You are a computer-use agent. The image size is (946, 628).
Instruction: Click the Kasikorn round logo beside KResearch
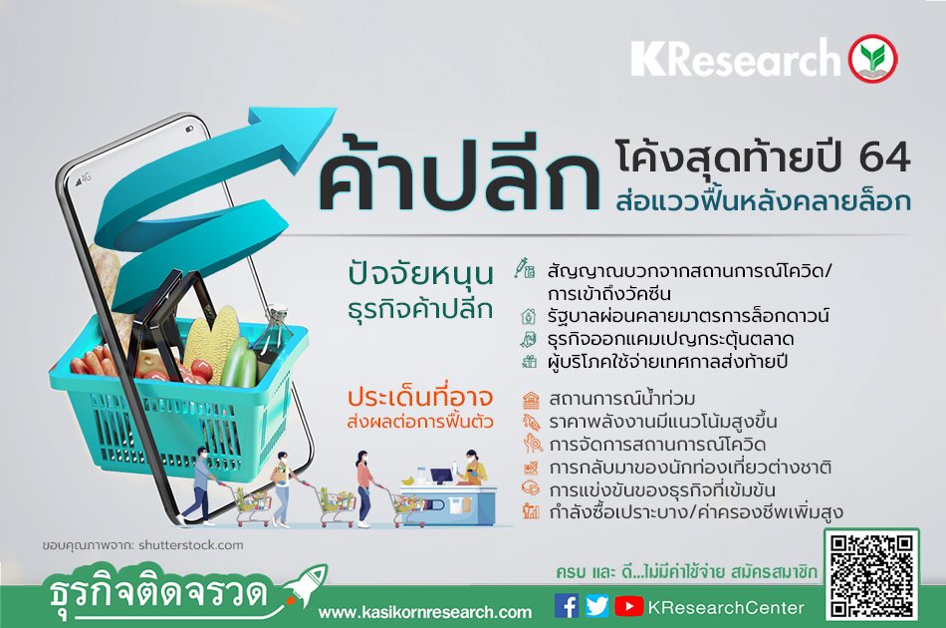click(872, 58)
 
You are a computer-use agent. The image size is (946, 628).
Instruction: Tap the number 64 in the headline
click(884, 157)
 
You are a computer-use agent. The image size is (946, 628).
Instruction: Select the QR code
click(871, 575)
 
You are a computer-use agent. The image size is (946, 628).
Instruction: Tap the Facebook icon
click(566, 606)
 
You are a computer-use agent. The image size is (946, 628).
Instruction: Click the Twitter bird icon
click(596, 606)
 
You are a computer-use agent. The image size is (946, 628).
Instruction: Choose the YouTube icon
click(628, 606)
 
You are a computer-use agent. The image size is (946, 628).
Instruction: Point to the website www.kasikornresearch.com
click(425, 612)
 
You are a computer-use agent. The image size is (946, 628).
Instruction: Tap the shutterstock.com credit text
click(190, 544)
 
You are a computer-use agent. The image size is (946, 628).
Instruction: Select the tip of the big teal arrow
click(336, 109)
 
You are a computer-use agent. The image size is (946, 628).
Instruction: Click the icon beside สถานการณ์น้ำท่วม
click(531, 400)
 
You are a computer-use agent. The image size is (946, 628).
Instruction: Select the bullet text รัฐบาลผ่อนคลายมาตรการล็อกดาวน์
click(688, 315)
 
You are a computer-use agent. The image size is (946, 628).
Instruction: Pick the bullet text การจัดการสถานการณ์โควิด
click(657, 445)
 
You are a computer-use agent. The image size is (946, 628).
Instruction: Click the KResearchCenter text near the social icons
click(726, 607)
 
